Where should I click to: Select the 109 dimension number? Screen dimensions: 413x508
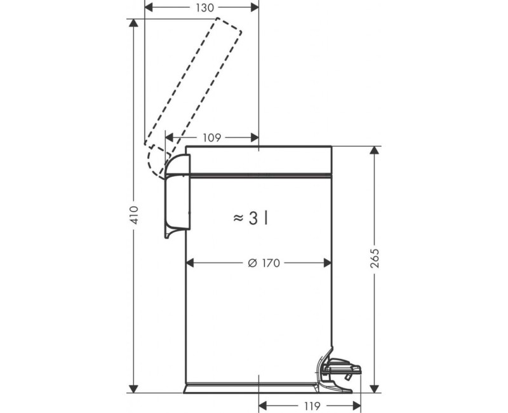212,137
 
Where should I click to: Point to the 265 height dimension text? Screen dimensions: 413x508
375,254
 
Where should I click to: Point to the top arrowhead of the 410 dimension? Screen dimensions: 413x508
133,24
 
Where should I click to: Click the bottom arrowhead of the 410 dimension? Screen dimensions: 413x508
133,388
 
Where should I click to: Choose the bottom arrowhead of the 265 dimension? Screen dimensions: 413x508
375,388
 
